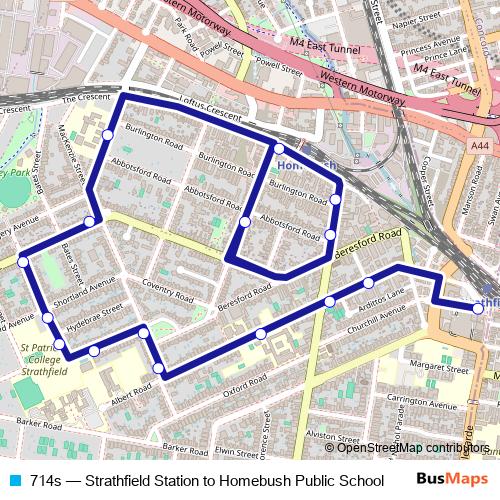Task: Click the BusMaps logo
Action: [x=446, y=479]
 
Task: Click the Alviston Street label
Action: [x=334, y=435]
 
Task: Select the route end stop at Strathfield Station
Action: [x=478, y=309]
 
